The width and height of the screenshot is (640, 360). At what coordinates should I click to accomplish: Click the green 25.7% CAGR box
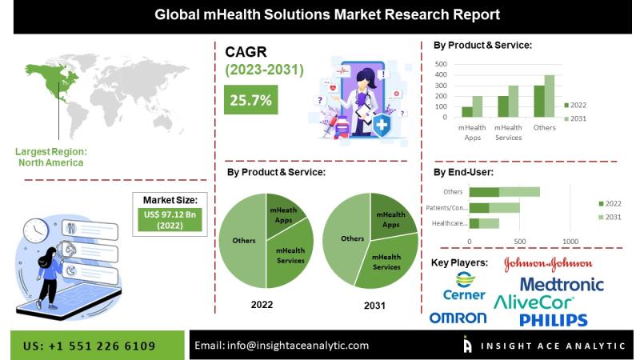tap(250, 100)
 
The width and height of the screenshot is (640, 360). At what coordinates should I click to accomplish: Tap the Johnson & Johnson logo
tap(548, 264)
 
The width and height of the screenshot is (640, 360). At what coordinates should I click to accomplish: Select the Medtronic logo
tap(562, 284)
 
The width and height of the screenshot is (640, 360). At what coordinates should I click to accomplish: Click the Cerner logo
tap(464, 286)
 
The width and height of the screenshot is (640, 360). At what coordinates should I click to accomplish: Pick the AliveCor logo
tap(534, 302)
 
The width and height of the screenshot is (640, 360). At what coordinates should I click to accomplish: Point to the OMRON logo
tap(458, 318)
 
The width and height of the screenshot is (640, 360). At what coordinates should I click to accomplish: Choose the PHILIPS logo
tap(553, 320)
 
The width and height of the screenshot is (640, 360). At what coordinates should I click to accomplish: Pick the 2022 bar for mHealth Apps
tap(466, 112)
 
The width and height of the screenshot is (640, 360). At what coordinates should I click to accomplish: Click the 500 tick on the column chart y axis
tap(441, 63)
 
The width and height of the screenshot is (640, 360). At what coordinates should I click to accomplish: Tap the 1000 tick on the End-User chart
tap(570, 241)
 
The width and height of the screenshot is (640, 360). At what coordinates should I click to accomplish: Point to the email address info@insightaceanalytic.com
tap(282, 345)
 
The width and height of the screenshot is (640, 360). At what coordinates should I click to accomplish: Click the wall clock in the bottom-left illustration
tap(35, 230)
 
